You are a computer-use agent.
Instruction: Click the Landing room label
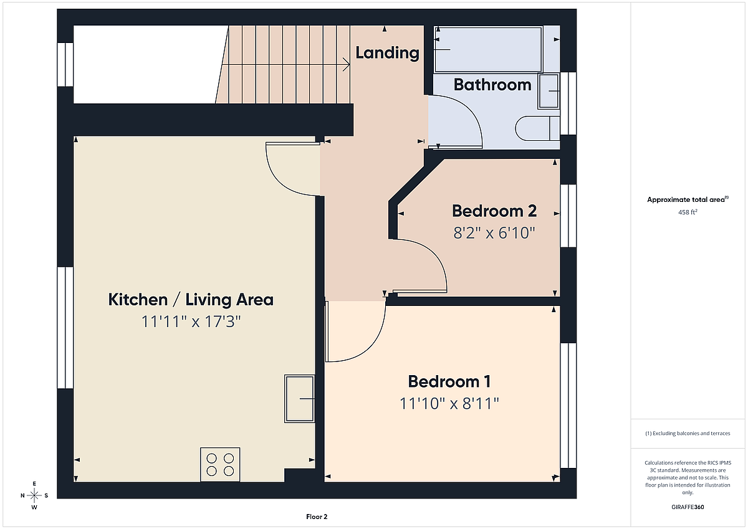(387, 53)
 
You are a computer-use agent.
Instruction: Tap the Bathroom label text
(492, 85)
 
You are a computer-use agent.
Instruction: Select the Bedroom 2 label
(494, 211)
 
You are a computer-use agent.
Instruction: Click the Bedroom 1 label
(449, 381)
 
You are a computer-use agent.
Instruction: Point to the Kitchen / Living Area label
(191, 299)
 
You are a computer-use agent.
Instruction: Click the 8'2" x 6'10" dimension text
(494, 232)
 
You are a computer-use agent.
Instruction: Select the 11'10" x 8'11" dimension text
(449, 404)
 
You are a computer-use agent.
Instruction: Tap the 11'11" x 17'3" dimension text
(191, 322)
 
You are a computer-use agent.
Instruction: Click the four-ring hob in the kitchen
(220, 465)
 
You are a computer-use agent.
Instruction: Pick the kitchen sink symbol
(300, 399)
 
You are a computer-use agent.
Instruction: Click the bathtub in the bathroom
(488, 49)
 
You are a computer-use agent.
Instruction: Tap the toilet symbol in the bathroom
(537, 128)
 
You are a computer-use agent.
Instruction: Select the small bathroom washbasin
(549, 91)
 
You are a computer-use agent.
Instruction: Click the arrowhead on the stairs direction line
(347, 64)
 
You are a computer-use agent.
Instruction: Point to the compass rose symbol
(34, 495)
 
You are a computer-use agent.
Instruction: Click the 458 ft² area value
(688, 212)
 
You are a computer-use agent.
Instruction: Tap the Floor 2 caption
(317, 517)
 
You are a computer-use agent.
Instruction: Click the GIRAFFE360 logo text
(688, 507)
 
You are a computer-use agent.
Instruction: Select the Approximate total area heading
(688, 199)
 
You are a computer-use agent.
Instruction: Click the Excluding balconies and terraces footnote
(688, 433)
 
